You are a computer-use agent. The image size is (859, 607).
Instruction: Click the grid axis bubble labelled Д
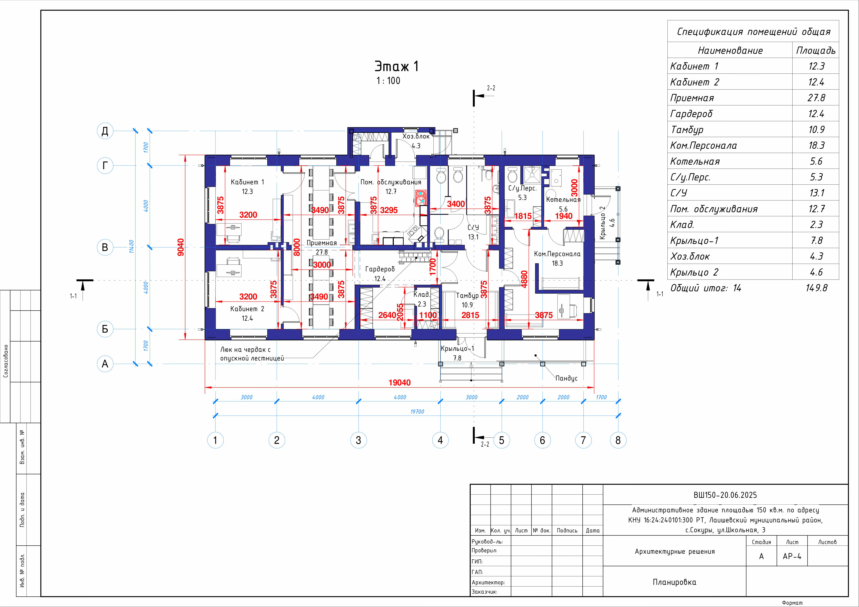tap(105, 131)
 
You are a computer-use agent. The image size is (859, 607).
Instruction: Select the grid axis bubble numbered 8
tap(618, 440)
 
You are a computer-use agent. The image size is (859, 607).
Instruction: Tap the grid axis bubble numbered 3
tap(358, 440)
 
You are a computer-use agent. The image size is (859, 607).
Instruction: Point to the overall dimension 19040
tap(400, 383)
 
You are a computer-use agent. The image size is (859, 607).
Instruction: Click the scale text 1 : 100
tap(388, 81)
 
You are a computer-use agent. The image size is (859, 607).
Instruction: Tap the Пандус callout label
tap(566, 378)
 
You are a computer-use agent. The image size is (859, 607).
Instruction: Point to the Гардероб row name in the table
tap(691, 114)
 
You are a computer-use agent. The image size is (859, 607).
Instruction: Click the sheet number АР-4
tap(792, 556)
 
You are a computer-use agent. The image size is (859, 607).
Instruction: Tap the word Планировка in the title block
tap(674, 582)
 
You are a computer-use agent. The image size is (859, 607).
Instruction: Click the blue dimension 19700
tap(417, 411)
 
